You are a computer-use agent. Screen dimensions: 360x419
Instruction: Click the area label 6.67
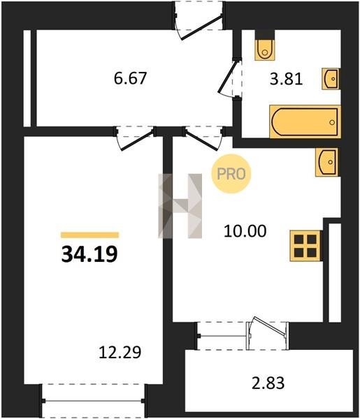coord(130,78)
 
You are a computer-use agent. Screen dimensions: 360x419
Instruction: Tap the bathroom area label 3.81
coord(286,79)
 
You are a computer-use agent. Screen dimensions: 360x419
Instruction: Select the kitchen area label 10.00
coord(245,231)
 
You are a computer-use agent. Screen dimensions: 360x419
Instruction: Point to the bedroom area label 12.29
coord(120,352)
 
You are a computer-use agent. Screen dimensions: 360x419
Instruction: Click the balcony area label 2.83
coord(268,383)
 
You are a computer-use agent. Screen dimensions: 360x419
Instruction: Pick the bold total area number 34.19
coord(89,254)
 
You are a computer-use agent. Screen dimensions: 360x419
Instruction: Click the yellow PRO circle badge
coord(231,174)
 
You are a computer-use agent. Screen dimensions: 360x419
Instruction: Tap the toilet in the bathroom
coord(264,50)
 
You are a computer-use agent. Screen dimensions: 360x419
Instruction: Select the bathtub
coord(305,122)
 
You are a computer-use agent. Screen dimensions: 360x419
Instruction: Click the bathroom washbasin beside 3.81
coord(331,79)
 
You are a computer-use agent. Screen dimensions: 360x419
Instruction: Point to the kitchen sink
coord(326,162)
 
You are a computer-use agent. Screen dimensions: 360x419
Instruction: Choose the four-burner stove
coord(305,246)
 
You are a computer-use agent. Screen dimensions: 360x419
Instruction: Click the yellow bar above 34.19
coord(90,235)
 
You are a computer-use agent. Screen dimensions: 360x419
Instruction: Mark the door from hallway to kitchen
coord(204,138)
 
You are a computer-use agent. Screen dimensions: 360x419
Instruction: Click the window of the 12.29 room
coord(94,400)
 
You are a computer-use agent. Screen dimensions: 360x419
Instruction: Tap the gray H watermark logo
coord(180,206)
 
